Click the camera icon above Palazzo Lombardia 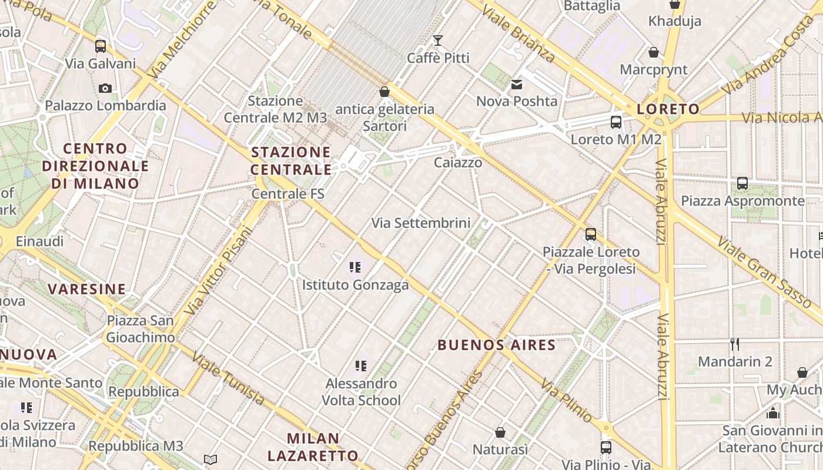[105, 89]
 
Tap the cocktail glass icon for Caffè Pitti [438, 41]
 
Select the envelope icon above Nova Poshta [517, 85]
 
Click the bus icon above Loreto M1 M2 [615, 122]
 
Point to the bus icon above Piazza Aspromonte [742, 183]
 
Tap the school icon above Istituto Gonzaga [354, 268]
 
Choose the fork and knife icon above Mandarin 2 [735, 344]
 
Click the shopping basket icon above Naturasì [500, 432]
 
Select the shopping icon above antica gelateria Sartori [384, 92]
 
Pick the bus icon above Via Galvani [101, 46]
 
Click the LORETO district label [668, 109]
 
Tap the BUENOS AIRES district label [497, 345]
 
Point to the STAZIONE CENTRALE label [292, 161]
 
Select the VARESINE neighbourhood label [87, 289]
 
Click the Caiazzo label [458, 163]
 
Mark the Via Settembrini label [421, 223]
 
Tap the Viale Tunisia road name [228, 379]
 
